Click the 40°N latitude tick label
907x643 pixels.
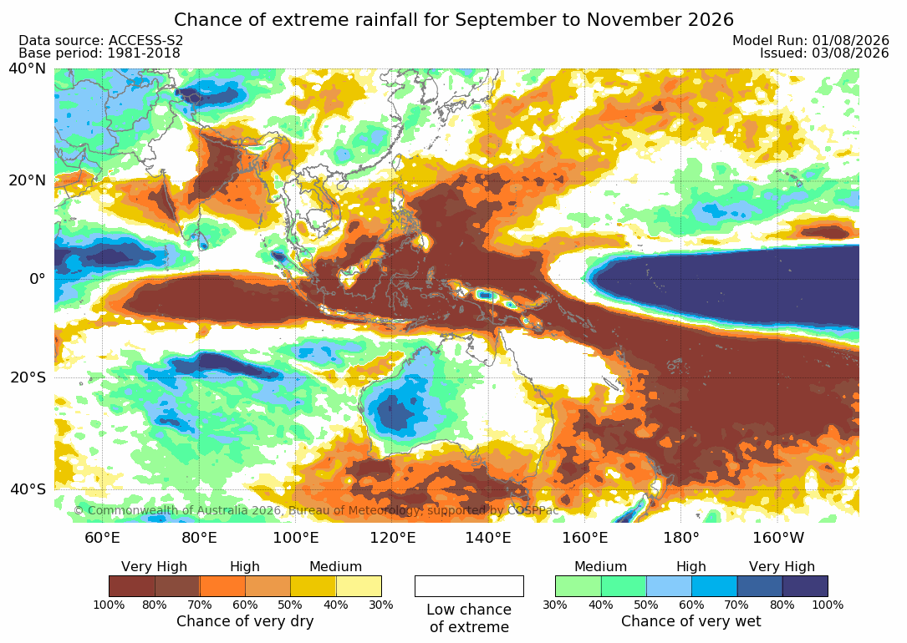click(x=27, y=68)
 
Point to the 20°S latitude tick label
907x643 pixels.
click(x=28, y=377)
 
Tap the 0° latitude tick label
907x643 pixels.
click(x=37, y=278)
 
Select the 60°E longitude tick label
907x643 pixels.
click(x=102, y=538)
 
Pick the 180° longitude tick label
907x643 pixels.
click(x=681, y=538)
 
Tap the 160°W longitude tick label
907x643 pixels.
click(x=778, y=538)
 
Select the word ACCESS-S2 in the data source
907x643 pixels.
click(x=145, y=40)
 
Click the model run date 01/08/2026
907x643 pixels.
click(x=850, y=40)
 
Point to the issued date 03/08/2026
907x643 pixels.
click(x=850, y=53)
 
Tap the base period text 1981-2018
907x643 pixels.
click(x=143, y=53)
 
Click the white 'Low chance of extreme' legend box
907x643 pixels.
click(x=469, y=586)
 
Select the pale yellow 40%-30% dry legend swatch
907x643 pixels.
click(x=359, y=586)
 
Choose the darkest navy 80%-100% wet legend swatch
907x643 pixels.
click(x=805, y=586)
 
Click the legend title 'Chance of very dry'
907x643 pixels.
click(x=245, y=621)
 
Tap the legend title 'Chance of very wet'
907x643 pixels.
click(x=691, y=621)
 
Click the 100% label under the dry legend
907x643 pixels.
click(x=109, y=605)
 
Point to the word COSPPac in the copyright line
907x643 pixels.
click(x=532, y=511)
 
